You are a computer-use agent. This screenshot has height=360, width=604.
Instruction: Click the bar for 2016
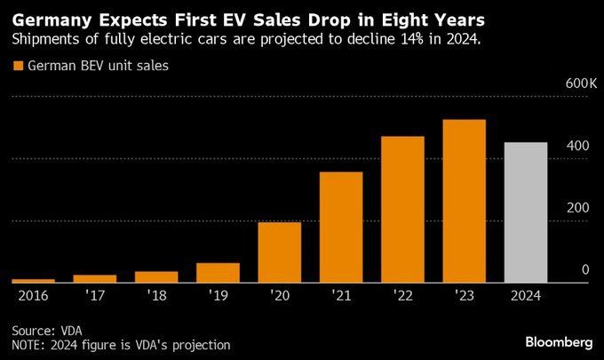[34, 281]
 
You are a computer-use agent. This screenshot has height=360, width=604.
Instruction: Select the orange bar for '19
[218, 273]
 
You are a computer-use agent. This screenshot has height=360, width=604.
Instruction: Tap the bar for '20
[279, 252]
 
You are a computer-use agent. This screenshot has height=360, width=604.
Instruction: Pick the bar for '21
[341, 228]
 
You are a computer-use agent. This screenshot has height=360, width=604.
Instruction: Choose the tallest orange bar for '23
[464, 201]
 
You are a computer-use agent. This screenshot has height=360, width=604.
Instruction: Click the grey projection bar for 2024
[526, 212]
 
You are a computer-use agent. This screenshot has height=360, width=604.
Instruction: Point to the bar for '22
[402, 210]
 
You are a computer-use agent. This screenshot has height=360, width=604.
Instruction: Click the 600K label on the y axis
[583, 84]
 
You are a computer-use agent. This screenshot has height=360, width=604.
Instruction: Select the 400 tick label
[579, 145]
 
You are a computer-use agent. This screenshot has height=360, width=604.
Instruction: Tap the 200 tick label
[579, 207]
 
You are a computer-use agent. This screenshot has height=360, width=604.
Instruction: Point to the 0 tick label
[585, 269]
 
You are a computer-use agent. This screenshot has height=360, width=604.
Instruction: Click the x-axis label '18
[155, 294]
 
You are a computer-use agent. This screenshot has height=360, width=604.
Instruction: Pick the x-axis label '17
[94, 294]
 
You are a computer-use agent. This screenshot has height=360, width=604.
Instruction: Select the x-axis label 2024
[525, 294]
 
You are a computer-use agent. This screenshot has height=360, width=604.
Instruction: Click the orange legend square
[17, 65]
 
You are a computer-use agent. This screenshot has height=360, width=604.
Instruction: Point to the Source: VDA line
[43, 328]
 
